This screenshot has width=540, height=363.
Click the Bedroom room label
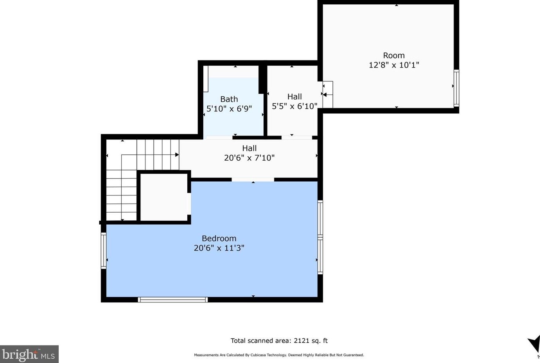point(219,238)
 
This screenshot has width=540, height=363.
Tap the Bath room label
point(229,99)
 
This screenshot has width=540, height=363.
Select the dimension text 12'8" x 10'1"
point(394,65)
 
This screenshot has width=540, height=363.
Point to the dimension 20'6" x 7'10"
point(249,157)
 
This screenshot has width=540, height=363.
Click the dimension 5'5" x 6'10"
point(294,106)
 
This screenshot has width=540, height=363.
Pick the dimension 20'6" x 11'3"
point(219,248)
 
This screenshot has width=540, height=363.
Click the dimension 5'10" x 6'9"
point(229,109)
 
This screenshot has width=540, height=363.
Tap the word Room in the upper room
point(394,55)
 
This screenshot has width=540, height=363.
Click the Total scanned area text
point(279,341)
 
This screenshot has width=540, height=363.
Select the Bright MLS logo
point(29,354)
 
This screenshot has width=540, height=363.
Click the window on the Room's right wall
point(456,88)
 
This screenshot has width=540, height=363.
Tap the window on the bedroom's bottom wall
point(172,299)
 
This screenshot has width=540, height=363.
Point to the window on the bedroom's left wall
point(103,250)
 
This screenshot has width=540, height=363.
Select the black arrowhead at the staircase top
point(177,155)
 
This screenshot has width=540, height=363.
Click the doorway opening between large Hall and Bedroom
point(253,179)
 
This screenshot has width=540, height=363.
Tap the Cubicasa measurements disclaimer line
point(279,355)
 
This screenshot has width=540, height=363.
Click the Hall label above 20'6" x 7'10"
point(249,148)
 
